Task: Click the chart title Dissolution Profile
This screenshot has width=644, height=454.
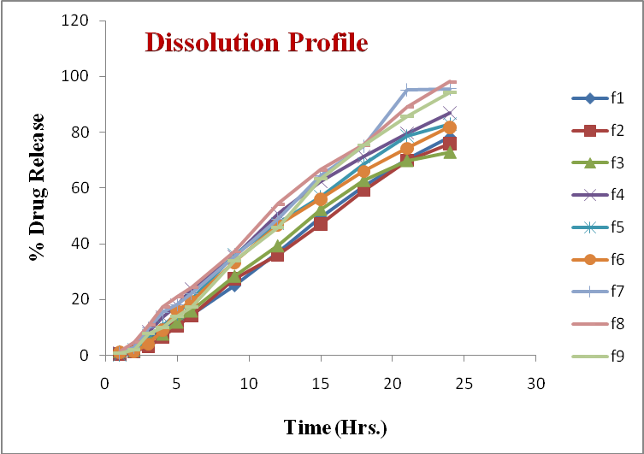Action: click(x=256, y=42)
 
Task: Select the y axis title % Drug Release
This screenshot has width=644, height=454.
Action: click(x=37, y=187)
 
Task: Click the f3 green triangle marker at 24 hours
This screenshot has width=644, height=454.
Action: click(x=450, y=152)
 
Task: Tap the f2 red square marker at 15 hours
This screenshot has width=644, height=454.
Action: click(x=321, y=224)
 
